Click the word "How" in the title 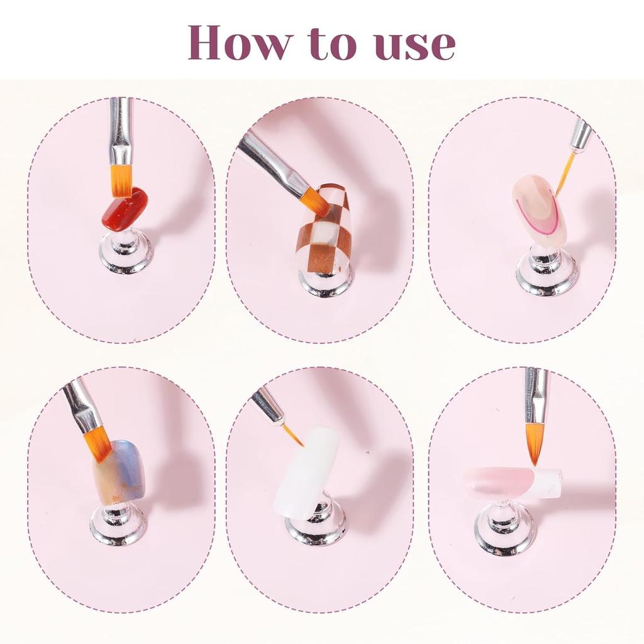pos(240,42)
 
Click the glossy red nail pos(125,209)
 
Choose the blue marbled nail pos(119,471)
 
